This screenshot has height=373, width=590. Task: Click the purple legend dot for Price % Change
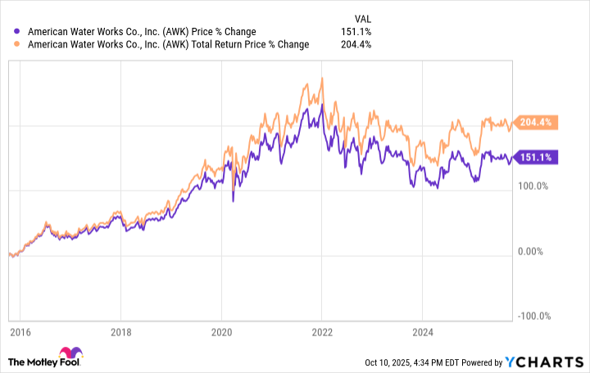[18, 32]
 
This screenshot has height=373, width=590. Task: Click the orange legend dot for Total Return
[18, 44]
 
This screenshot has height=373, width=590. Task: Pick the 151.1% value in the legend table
[357, 32]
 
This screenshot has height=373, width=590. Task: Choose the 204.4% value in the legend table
[357, 44]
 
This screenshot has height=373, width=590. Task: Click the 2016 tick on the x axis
[20, 333]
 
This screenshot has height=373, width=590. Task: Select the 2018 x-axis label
[120, 333]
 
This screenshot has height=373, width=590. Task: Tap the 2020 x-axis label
[221, 333]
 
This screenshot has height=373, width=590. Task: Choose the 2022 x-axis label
[321, 333]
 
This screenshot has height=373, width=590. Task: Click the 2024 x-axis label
[421, 333]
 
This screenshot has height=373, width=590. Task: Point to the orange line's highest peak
[321, 79]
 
